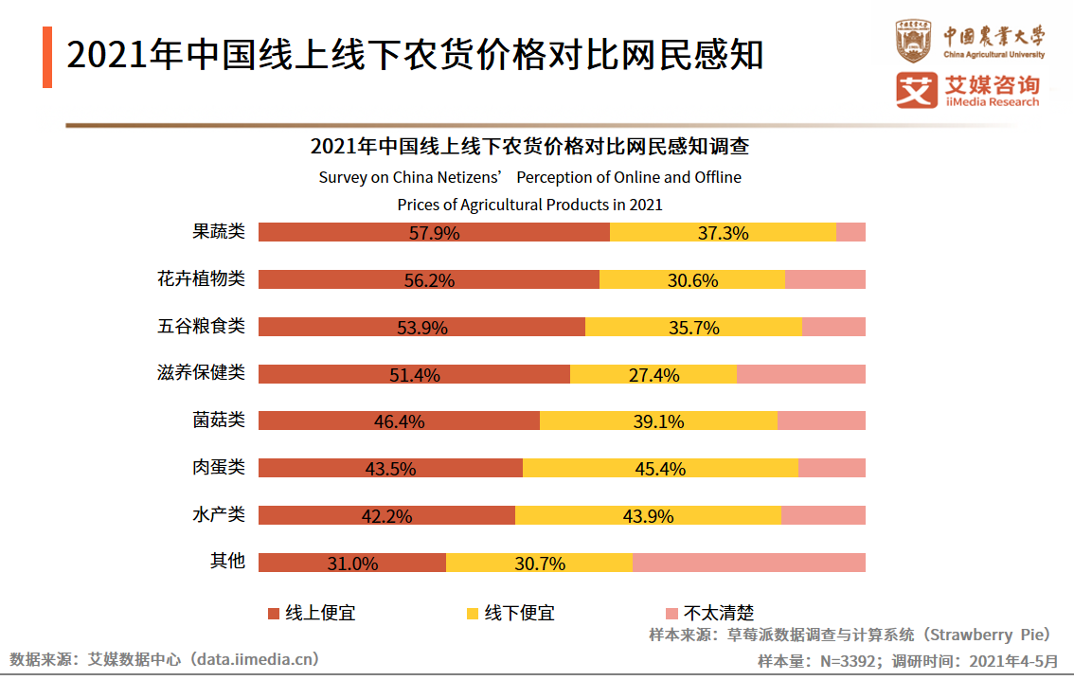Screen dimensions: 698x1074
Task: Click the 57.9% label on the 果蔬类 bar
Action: tap(434, 233)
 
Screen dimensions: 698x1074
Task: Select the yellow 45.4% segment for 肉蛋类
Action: tap(660, 468)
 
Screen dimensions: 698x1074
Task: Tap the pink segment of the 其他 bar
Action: tap(748, 563)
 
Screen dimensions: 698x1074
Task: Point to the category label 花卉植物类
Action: tap(201, 278)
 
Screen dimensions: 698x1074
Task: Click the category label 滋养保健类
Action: tap(201, 372)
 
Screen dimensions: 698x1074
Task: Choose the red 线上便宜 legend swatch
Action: tap(274, 613)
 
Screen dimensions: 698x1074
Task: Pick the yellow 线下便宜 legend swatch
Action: tap(473, 613)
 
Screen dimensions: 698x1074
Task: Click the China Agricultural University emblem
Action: tap(915, 41)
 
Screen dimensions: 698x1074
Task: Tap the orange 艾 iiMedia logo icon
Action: tap(916, 91)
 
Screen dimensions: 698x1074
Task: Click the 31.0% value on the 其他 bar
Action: tap(352, 564)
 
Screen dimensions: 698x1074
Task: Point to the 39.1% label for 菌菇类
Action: tap(658, 421)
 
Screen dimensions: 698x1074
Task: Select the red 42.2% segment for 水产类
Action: tap(386, 515)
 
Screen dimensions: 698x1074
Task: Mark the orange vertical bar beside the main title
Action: tap(47, 58)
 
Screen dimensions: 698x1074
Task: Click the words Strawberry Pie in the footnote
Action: tap(985, 635)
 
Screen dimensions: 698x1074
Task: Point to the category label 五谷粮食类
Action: tap(201, 326)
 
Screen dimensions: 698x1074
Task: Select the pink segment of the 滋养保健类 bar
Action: tap(800, 374)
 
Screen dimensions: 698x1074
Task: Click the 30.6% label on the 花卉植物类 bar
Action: tap(692, 280)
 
